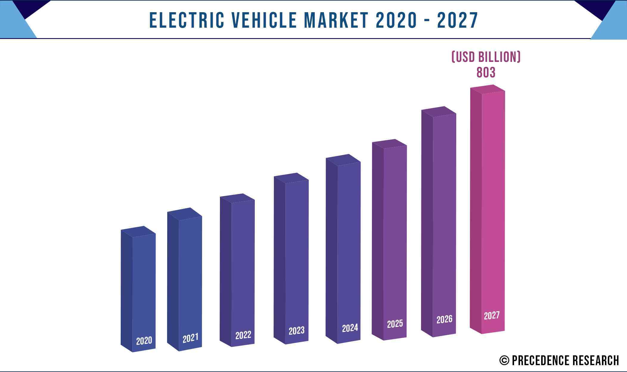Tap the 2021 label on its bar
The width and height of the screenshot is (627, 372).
click(x=190, y=338)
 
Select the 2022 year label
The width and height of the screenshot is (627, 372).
click(x=243, y=335)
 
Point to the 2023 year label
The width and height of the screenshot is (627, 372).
click(x=297, y=331)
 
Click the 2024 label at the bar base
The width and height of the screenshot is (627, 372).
click(x=350, y=328)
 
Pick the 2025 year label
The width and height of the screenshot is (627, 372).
click(x=395, y=324)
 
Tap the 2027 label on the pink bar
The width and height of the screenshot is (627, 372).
click(x=491, y=315)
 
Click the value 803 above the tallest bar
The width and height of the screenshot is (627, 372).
click(x=486, y=73)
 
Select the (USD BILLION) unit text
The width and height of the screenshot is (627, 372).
click(x=486, y=57)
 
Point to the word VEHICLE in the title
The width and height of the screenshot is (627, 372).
click(x=264, y=20)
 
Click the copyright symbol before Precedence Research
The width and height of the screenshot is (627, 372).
click(x=504, y=360)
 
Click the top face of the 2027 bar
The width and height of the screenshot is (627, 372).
click(x=488, y=89)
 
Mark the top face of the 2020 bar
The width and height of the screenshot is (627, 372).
click(x=138, y=232)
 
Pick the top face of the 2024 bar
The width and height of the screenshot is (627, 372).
click(x=343, y=160)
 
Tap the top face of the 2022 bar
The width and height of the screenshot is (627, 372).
click(x=237, y=198)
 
